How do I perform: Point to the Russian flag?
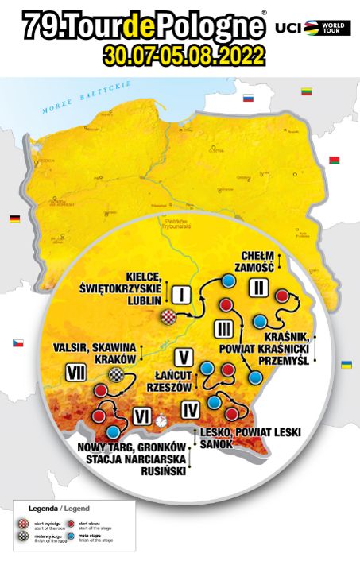tap(247, 99)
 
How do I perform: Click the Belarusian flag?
tap(335, 160)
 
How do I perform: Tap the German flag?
tap(14, 218)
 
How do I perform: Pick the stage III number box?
tap(223, 327)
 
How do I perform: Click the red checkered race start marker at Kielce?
tap(168, 317)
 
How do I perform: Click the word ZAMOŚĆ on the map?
tap(255, 269)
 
